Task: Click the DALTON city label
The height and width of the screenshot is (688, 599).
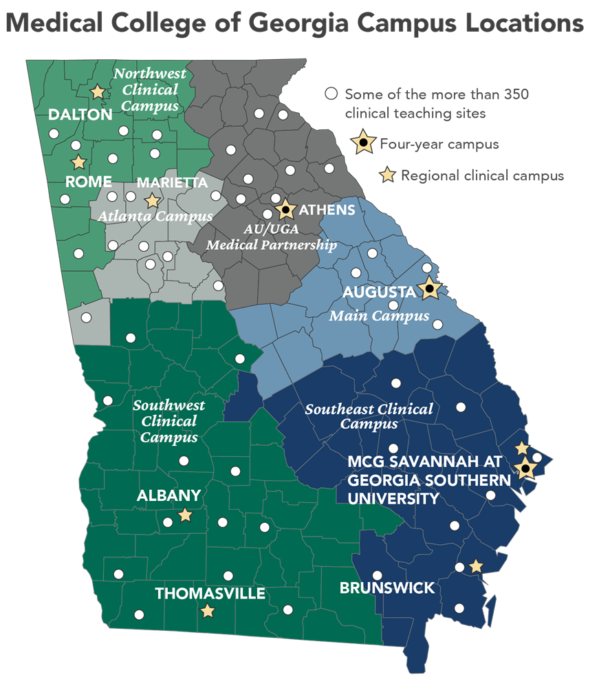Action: pyautogui.click(x=80, y=115)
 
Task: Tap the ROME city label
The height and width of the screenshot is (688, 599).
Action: pyautogui.click(x=89, y=182)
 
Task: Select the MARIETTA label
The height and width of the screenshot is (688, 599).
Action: pyautogui.click(x=172, y=183)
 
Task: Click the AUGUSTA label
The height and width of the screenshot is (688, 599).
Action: pyautogui.click(x=379, y=292)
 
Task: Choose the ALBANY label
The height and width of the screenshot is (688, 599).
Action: pyautogui.click(x=168, y=495)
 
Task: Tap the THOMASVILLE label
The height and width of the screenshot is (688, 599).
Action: pyautogui.click(x=210, y=593)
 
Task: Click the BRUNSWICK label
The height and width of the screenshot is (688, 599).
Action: pyautogui.click(x=387, y=588)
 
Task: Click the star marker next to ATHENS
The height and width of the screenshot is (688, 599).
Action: pyautogui.click(x=285, y=208)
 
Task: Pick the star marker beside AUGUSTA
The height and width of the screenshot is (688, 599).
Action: pyautogui.click(x=429, y=289)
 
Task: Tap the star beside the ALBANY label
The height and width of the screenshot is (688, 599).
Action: pyautogui.click(x=185, y=515)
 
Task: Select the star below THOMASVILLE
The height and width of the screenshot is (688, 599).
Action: pyautogui.click(x=207, y=610)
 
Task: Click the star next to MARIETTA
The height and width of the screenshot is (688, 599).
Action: pyautogui.click(x=152, y=201)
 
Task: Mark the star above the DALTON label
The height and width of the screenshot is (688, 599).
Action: pyautogui.click(x=98, y=91)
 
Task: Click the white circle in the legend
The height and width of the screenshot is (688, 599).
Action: pyautogui.click(x=331, y=94)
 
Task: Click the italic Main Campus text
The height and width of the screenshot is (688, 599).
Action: pyautogui.click(x=378, y=316)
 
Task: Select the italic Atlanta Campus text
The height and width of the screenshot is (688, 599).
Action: pyautogui.click(x=155, y=216)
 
